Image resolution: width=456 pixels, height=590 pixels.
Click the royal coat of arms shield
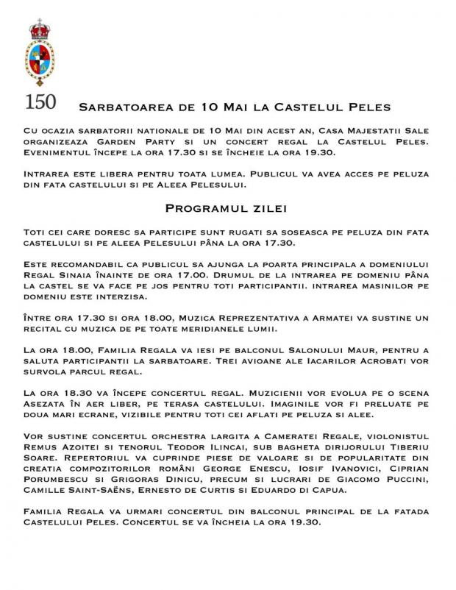pos(38,63)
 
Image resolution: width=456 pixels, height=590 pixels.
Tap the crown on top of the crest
pos(38,32)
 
